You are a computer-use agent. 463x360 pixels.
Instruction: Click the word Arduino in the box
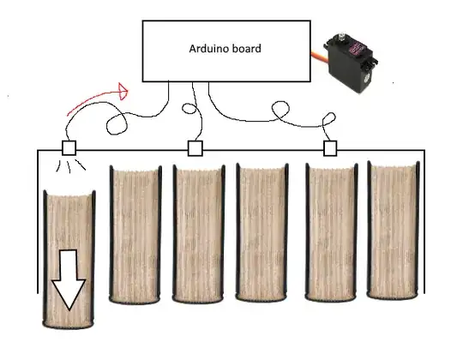point(208,49)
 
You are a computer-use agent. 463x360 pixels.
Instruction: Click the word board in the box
point(247,49)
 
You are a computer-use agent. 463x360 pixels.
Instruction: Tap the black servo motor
point(351,63)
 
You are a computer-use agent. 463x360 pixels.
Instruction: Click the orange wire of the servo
point(319,56)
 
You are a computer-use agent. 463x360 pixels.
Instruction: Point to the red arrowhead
point(123,91)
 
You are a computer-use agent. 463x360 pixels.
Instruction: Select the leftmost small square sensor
point(69,147)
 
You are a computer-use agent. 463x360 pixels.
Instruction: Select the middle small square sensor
point(195,148)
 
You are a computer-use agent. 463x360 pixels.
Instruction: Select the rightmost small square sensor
point(330,148)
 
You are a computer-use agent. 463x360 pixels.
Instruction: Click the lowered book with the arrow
point(69,260)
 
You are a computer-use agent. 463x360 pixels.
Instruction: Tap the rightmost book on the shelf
point(394,231)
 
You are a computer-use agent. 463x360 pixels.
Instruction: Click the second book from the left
point(135,235)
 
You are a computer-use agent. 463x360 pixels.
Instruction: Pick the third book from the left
point(199,234)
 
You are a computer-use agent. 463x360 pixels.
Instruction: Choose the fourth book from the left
point(262,232)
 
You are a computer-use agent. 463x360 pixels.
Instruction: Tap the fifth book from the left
point(331,232)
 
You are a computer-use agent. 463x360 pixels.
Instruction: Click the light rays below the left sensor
point(70,166)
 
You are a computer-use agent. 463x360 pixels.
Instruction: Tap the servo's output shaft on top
point(342,35)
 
